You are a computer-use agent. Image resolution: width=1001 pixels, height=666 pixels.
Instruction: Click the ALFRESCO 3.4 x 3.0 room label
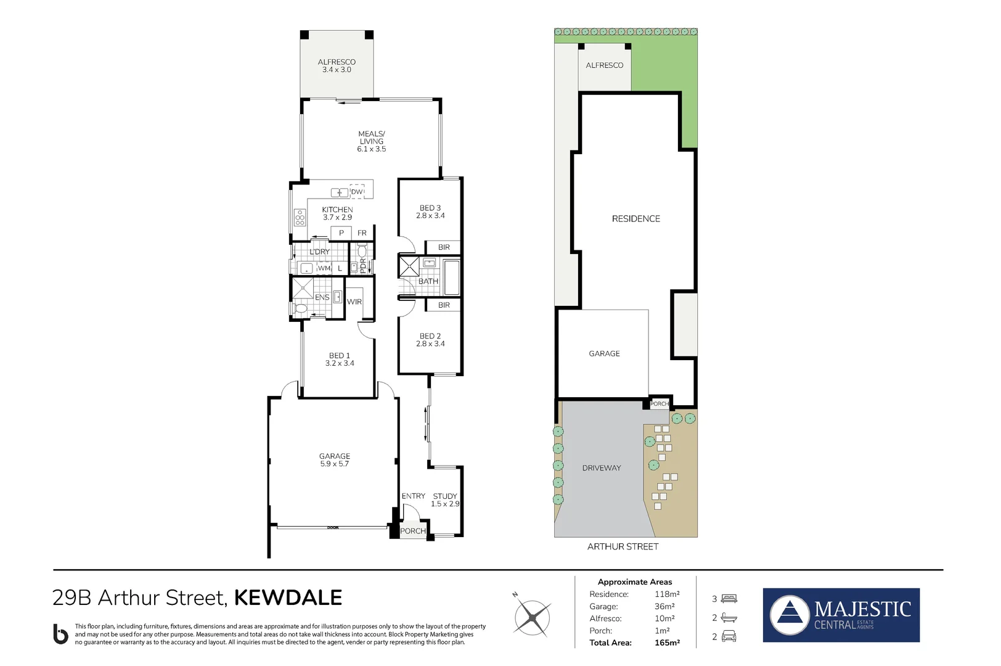pyautogui.click(x=337, y=66)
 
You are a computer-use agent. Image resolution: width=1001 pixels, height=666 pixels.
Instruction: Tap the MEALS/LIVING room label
pyautogui.click(x=371, y=141)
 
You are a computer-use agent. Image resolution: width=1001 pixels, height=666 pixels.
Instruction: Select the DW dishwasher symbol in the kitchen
pyautogui.click(x=357, y=192)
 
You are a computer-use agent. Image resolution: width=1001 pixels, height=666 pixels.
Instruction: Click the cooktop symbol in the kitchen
pyautogui.click(x=300, y=218)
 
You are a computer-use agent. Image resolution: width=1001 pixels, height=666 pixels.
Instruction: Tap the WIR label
pyautogui.click(x=354, y=302)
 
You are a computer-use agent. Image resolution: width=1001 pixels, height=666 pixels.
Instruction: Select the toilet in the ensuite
pyautogui.click(x=301, y=308)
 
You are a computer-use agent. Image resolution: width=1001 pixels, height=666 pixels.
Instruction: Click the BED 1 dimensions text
pyautogui.click(x=340, y=364)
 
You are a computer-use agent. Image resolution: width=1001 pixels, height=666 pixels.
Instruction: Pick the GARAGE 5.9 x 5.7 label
pyautogui.click(x=335, y=460)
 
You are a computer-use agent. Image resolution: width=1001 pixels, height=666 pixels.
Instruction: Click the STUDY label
pyautogui.click(x=445, y=496)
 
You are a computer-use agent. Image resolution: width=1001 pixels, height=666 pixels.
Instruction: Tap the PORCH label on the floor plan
pyautogui.click(x=412, y=531)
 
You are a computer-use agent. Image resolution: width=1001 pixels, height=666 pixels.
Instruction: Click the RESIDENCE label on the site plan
pyautogui.click(x=635, y=219)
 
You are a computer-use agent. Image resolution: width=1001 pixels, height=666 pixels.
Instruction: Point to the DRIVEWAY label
pyautogui.click(x=601, y=468)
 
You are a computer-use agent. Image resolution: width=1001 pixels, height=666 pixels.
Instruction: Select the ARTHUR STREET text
pyautogui.click(x=623, y=547)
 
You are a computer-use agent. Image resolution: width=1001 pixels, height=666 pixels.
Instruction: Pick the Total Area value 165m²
pyautogui.click(x=667, y=643)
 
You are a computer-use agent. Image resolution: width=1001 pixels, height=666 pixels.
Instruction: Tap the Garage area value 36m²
pyautogui.click(x=664, y=607)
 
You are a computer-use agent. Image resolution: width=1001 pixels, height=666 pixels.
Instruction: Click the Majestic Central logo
pyautogui.click(x=841, y=615)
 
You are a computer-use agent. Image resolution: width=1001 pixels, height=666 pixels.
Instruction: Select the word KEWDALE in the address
pyautogui.click(x=288, y=598)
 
